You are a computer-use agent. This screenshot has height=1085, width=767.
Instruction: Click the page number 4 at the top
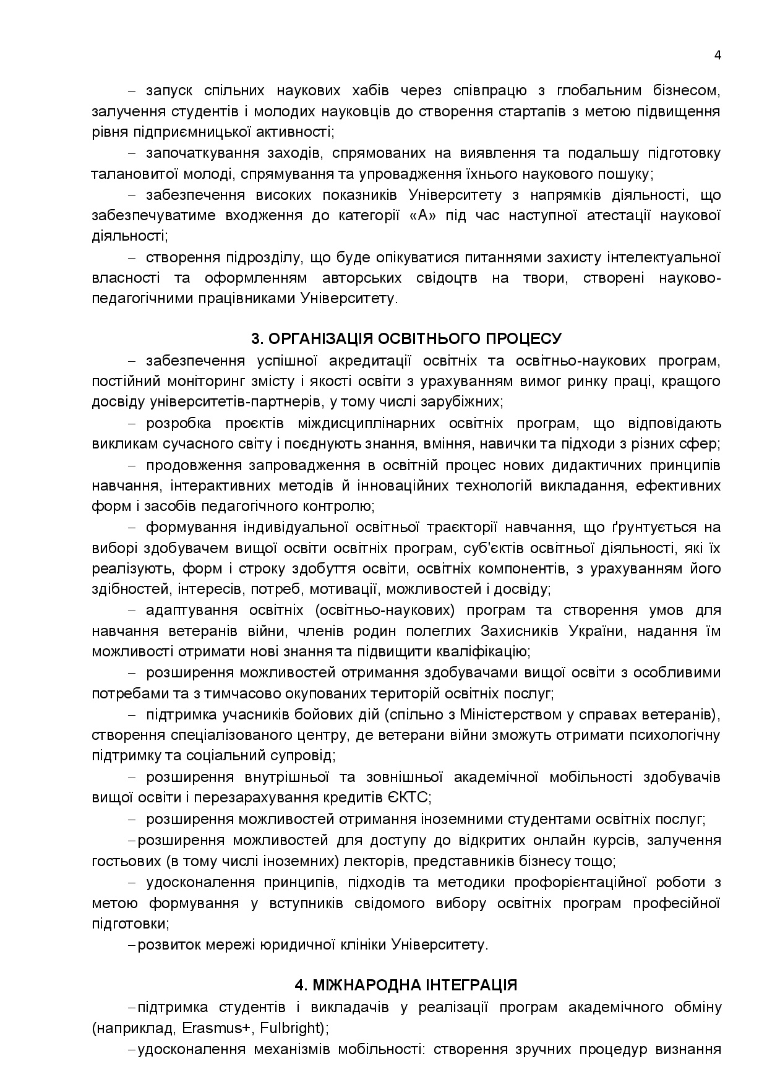[718, 55]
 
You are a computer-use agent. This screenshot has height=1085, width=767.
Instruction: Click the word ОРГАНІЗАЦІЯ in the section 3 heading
[319, 339]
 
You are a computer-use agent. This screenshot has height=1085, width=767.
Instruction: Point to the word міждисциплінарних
[359, 423]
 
